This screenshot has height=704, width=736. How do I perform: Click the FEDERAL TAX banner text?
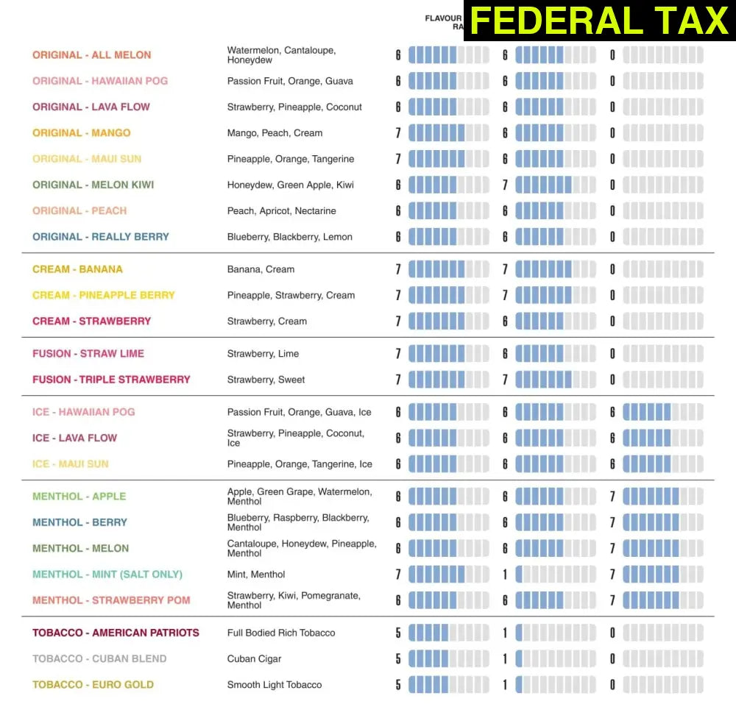coord(599,20)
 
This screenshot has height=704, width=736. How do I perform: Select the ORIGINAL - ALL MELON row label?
coord(92,55)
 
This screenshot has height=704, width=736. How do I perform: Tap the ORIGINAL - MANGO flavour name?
coord(82,133)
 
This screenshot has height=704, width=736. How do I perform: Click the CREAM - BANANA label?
coord(78,269)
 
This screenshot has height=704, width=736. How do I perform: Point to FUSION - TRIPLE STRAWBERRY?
coord(111,380)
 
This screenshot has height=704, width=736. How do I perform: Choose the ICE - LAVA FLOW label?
coord(75,438)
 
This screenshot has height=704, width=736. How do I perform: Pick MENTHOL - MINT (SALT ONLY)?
coord(107,575)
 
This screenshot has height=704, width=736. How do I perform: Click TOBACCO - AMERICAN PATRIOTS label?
coord(116,633)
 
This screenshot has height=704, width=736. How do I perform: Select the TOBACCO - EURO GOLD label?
coord(93,685)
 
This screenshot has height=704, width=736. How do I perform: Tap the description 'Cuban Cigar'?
coord(255,659)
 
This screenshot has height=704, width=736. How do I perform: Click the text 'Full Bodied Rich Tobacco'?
coord(281,633)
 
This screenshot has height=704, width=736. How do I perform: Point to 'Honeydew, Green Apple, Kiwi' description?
coord(291,185)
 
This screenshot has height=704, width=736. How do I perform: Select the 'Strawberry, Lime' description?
coord(263,354)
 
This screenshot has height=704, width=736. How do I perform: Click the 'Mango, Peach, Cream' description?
coord(275,133)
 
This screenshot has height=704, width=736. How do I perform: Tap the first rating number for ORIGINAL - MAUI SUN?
coord(398,159)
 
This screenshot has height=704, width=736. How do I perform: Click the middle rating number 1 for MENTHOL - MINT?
coord(505,575)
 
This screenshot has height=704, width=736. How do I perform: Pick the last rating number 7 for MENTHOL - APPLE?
coord(612,497)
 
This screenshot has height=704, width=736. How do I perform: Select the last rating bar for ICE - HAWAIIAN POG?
coord(663,412)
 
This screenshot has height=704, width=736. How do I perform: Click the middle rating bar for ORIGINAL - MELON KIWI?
coord(556,185)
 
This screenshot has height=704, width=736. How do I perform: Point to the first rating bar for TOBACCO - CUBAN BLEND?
coord(448,659)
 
